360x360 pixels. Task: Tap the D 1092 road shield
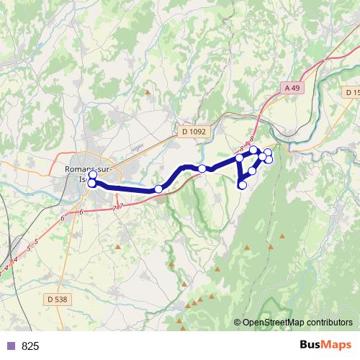(193, 131)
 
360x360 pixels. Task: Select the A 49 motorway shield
(291, 87)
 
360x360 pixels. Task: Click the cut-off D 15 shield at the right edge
(352, 93)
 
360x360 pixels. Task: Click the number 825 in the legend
(30, 346)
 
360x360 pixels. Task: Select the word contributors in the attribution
(330, 323)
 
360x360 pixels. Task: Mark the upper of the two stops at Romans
(92, 174)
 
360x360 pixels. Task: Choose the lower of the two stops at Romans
(92, 184)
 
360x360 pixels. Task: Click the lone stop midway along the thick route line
(158, 189)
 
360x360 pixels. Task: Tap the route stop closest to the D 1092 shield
(203, 168)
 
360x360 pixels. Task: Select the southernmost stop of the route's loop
(243, 186)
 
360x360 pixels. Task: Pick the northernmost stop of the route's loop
(253, 150)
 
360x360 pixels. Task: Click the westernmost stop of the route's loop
(239, 158)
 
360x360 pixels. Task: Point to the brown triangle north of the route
(148, 92)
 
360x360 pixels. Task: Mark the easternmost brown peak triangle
(283, 235)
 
